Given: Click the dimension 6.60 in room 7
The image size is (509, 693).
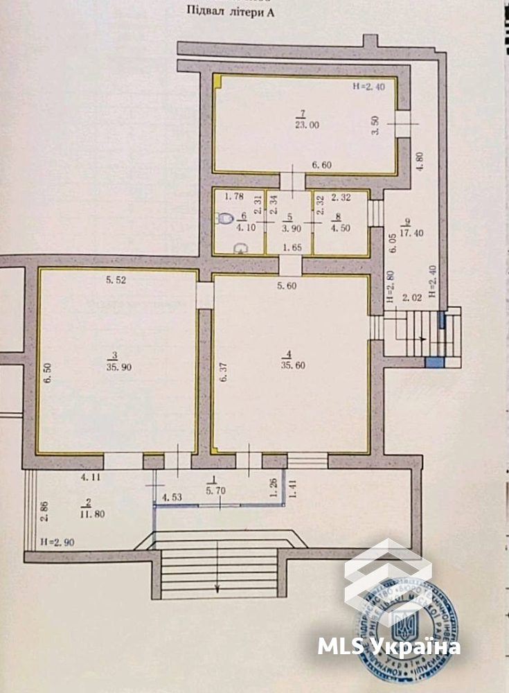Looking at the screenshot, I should pyautogui.click(x=323, y=165).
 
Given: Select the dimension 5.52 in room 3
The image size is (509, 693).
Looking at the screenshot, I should pyautogui.click(x=118, y=280).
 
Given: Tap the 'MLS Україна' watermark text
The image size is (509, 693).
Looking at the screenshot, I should pyautogui.click(x=389, y=647).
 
